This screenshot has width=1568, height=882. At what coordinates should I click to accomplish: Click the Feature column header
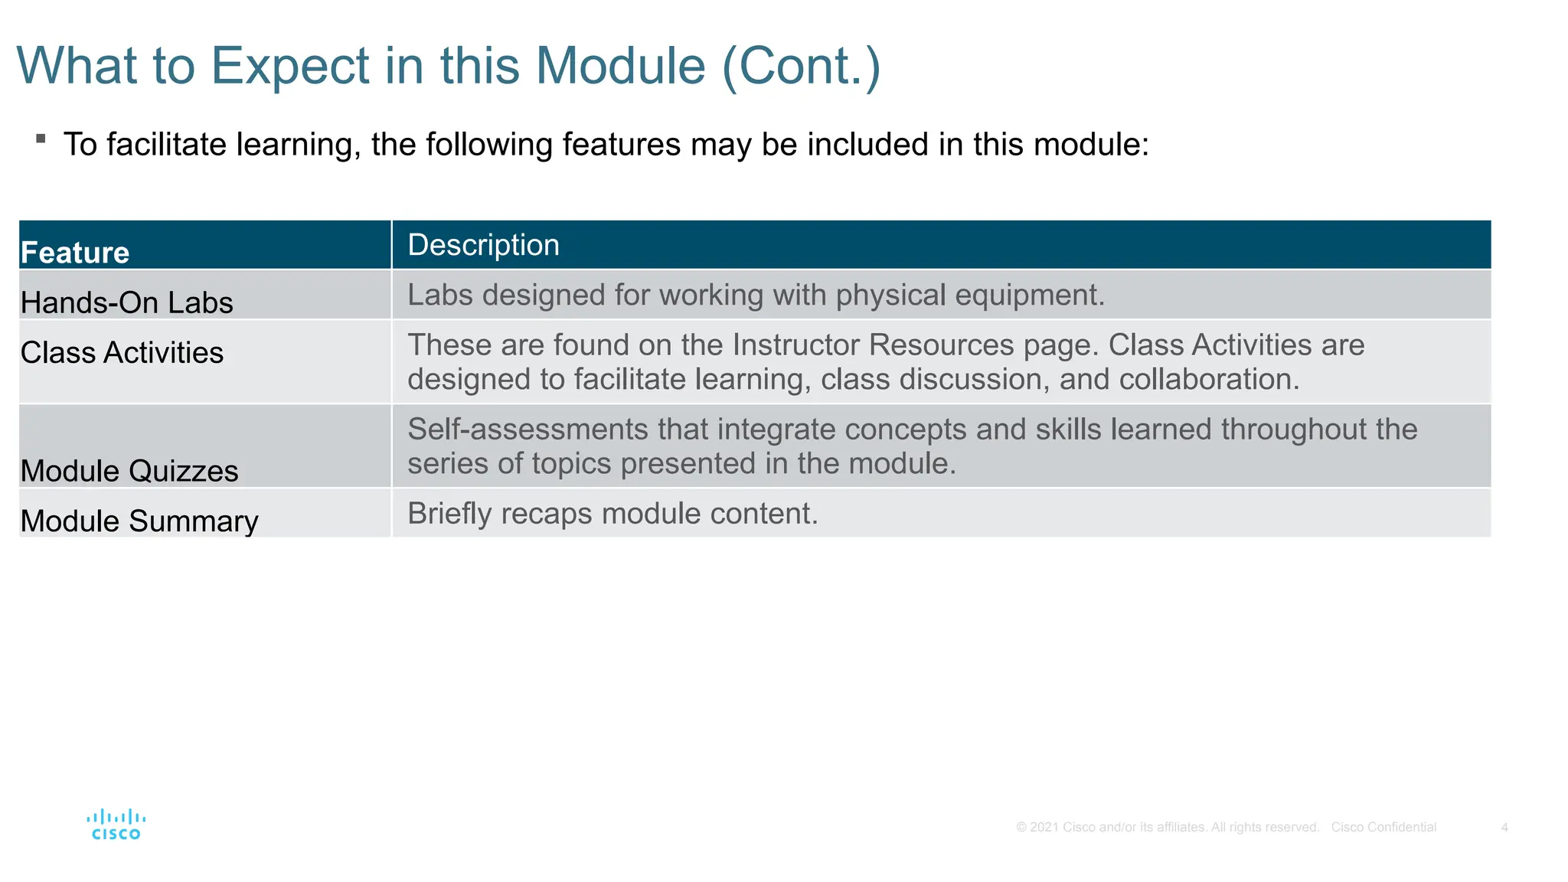click(x=75, y=253)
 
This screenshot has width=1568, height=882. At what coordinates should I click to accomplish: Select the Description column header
click(x=483, y=245)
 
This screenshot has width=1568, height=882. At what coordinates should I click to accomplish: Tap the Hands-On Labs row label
click(x=126, y=302)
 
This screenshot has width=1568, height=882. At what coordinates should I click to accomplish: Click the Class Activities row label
click(x=122, y=352)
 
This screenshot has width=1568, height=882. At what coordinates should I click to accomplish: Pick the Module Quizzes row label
click(x=129, y=471)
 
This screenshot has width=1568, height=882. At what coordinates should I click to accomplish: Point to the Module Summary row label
click(x=139, y=521)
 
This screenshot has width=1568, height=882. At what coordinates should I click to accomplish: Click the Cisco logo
click(x=116, y=825)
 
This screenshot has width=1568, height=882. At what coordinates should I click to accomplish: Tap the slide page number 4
click(x=1504, y=828)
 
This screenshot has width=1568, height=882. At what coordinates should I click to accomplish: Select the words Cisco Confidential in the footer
click(x=1383, y=828)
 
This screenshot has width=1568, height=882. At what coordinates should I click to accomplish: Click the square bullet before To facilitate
click(x=41, y=139)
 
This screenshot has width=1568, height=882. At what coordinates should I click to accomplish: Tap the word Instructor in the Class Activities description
click(x=796, y=345)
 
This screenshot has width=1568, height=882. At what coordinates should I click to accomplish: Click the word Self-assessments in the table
click(x=528, y=430)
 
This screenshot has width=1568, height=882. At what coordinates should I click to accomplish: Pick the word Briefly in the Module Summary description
click(x=449, y=514)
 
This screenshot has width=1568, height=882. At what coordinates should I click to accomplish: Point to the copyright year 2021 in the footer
click(x=1044, y=828)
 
